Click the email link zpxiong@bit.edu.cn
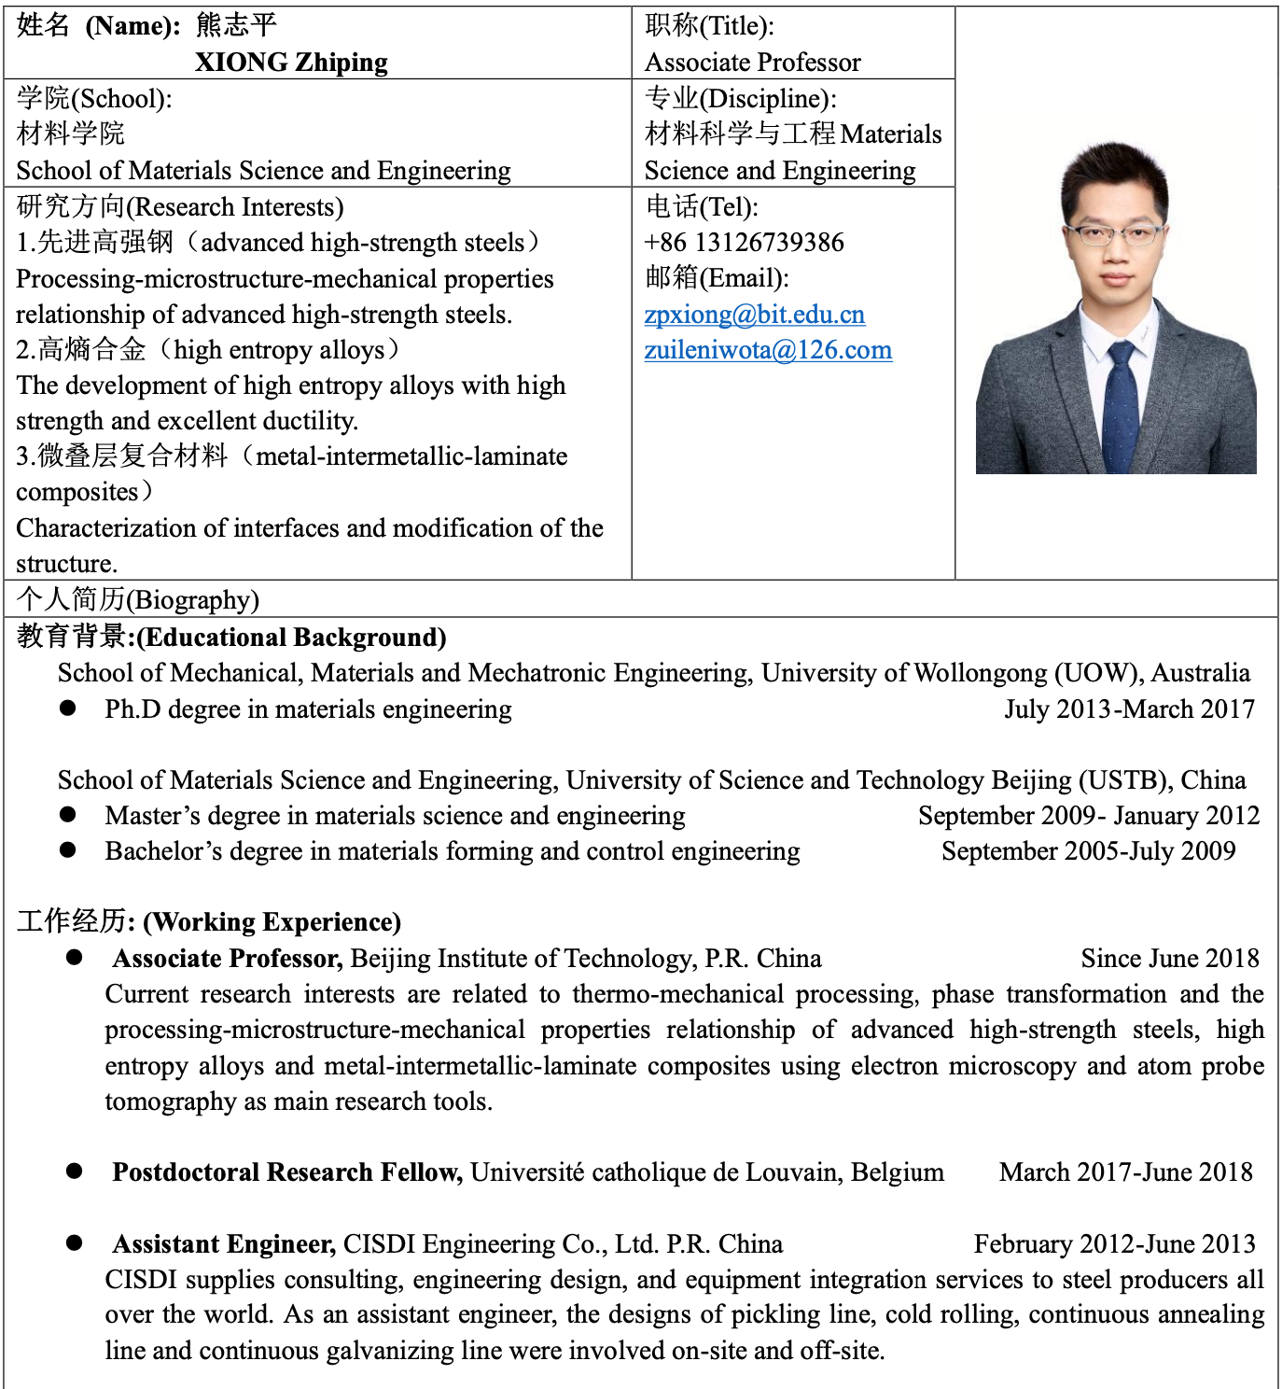(754, 315)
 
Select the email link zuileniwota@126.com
(768, 350)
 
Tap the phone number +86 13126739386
(744, 243)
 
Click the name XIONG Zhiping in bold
(291, 63)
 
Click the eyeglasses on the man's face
(1114, 233)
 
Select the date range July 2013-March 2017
(1129, 709)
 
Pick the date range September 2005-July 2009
(1088, 851)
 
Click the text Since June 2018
(1169, 959)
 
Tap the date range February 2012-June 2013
(1114, 1244)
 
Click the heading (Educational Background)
(291, 638)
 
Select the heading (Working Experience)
(272, 922)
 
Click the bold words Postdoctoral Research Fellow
(287, 1172)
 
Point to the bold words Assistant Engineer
(224, 1244)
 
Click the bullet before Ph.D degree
(68, 709)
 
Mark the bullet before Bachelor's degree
(68, 850)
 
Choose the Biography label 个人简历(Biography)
(137, 599)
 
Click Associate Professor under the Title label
(752, 63)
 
